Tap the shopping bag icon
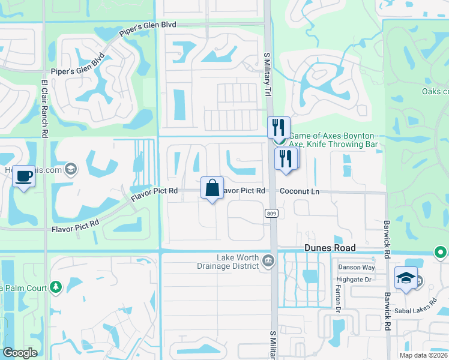[x=212, y=188]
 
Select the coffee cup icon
[x=24, y=176]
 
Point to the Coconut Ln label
[x=300, y=191]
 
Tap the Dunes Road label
[x=330, y=248]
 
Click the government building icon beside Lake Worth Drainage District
[x=268, y=260]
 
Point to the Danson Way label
[x=356, y=267]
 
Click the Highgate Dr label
[x=356, y=280]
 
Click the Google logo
[x=20, y=353]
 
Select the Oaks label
[x=436, y=91]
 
